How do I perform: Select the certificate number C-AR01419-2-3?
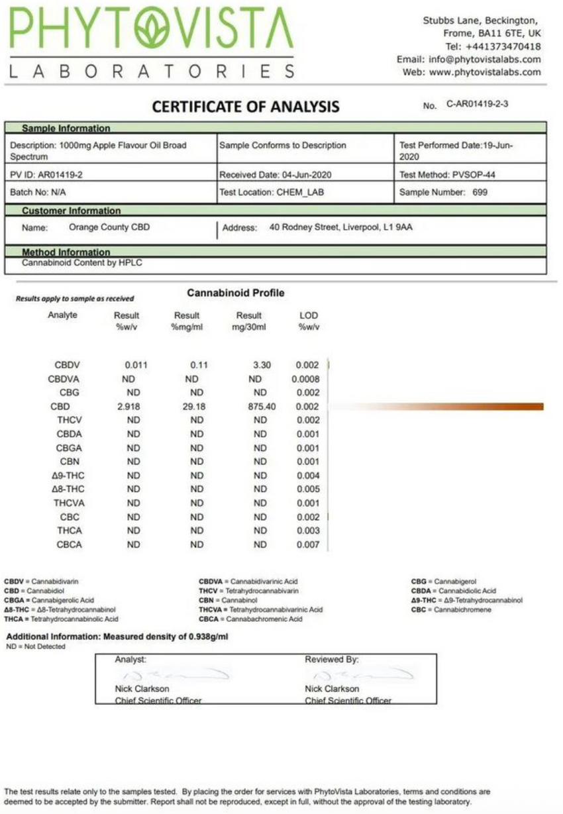(x=477, y=105)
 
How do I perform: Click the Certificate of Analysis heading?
(x=246, y=107)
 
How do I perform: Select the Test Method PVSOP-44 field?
(x=447, y=175)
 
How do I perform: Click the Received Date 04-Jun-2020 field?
(x=275, y=175)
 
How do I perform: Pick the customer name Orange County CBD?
(x=109, y=227)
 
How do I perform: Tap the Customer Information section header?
(x=71, y=211)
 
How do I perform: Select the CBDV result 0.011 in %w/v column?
(x=136, y=365)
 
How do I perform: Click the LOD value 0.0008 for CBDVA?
(x=305, y=379)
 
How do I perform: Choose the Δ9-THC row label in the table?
(x=68, y=476)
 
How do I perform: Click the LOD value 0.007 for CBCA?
(x=308, y=544)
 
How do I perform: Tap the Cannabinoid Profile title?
(x=235, y=293)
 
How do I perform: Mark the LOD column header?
(x=309, y=316)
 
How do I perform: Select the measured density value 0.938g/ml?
(x=207, y=637)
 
